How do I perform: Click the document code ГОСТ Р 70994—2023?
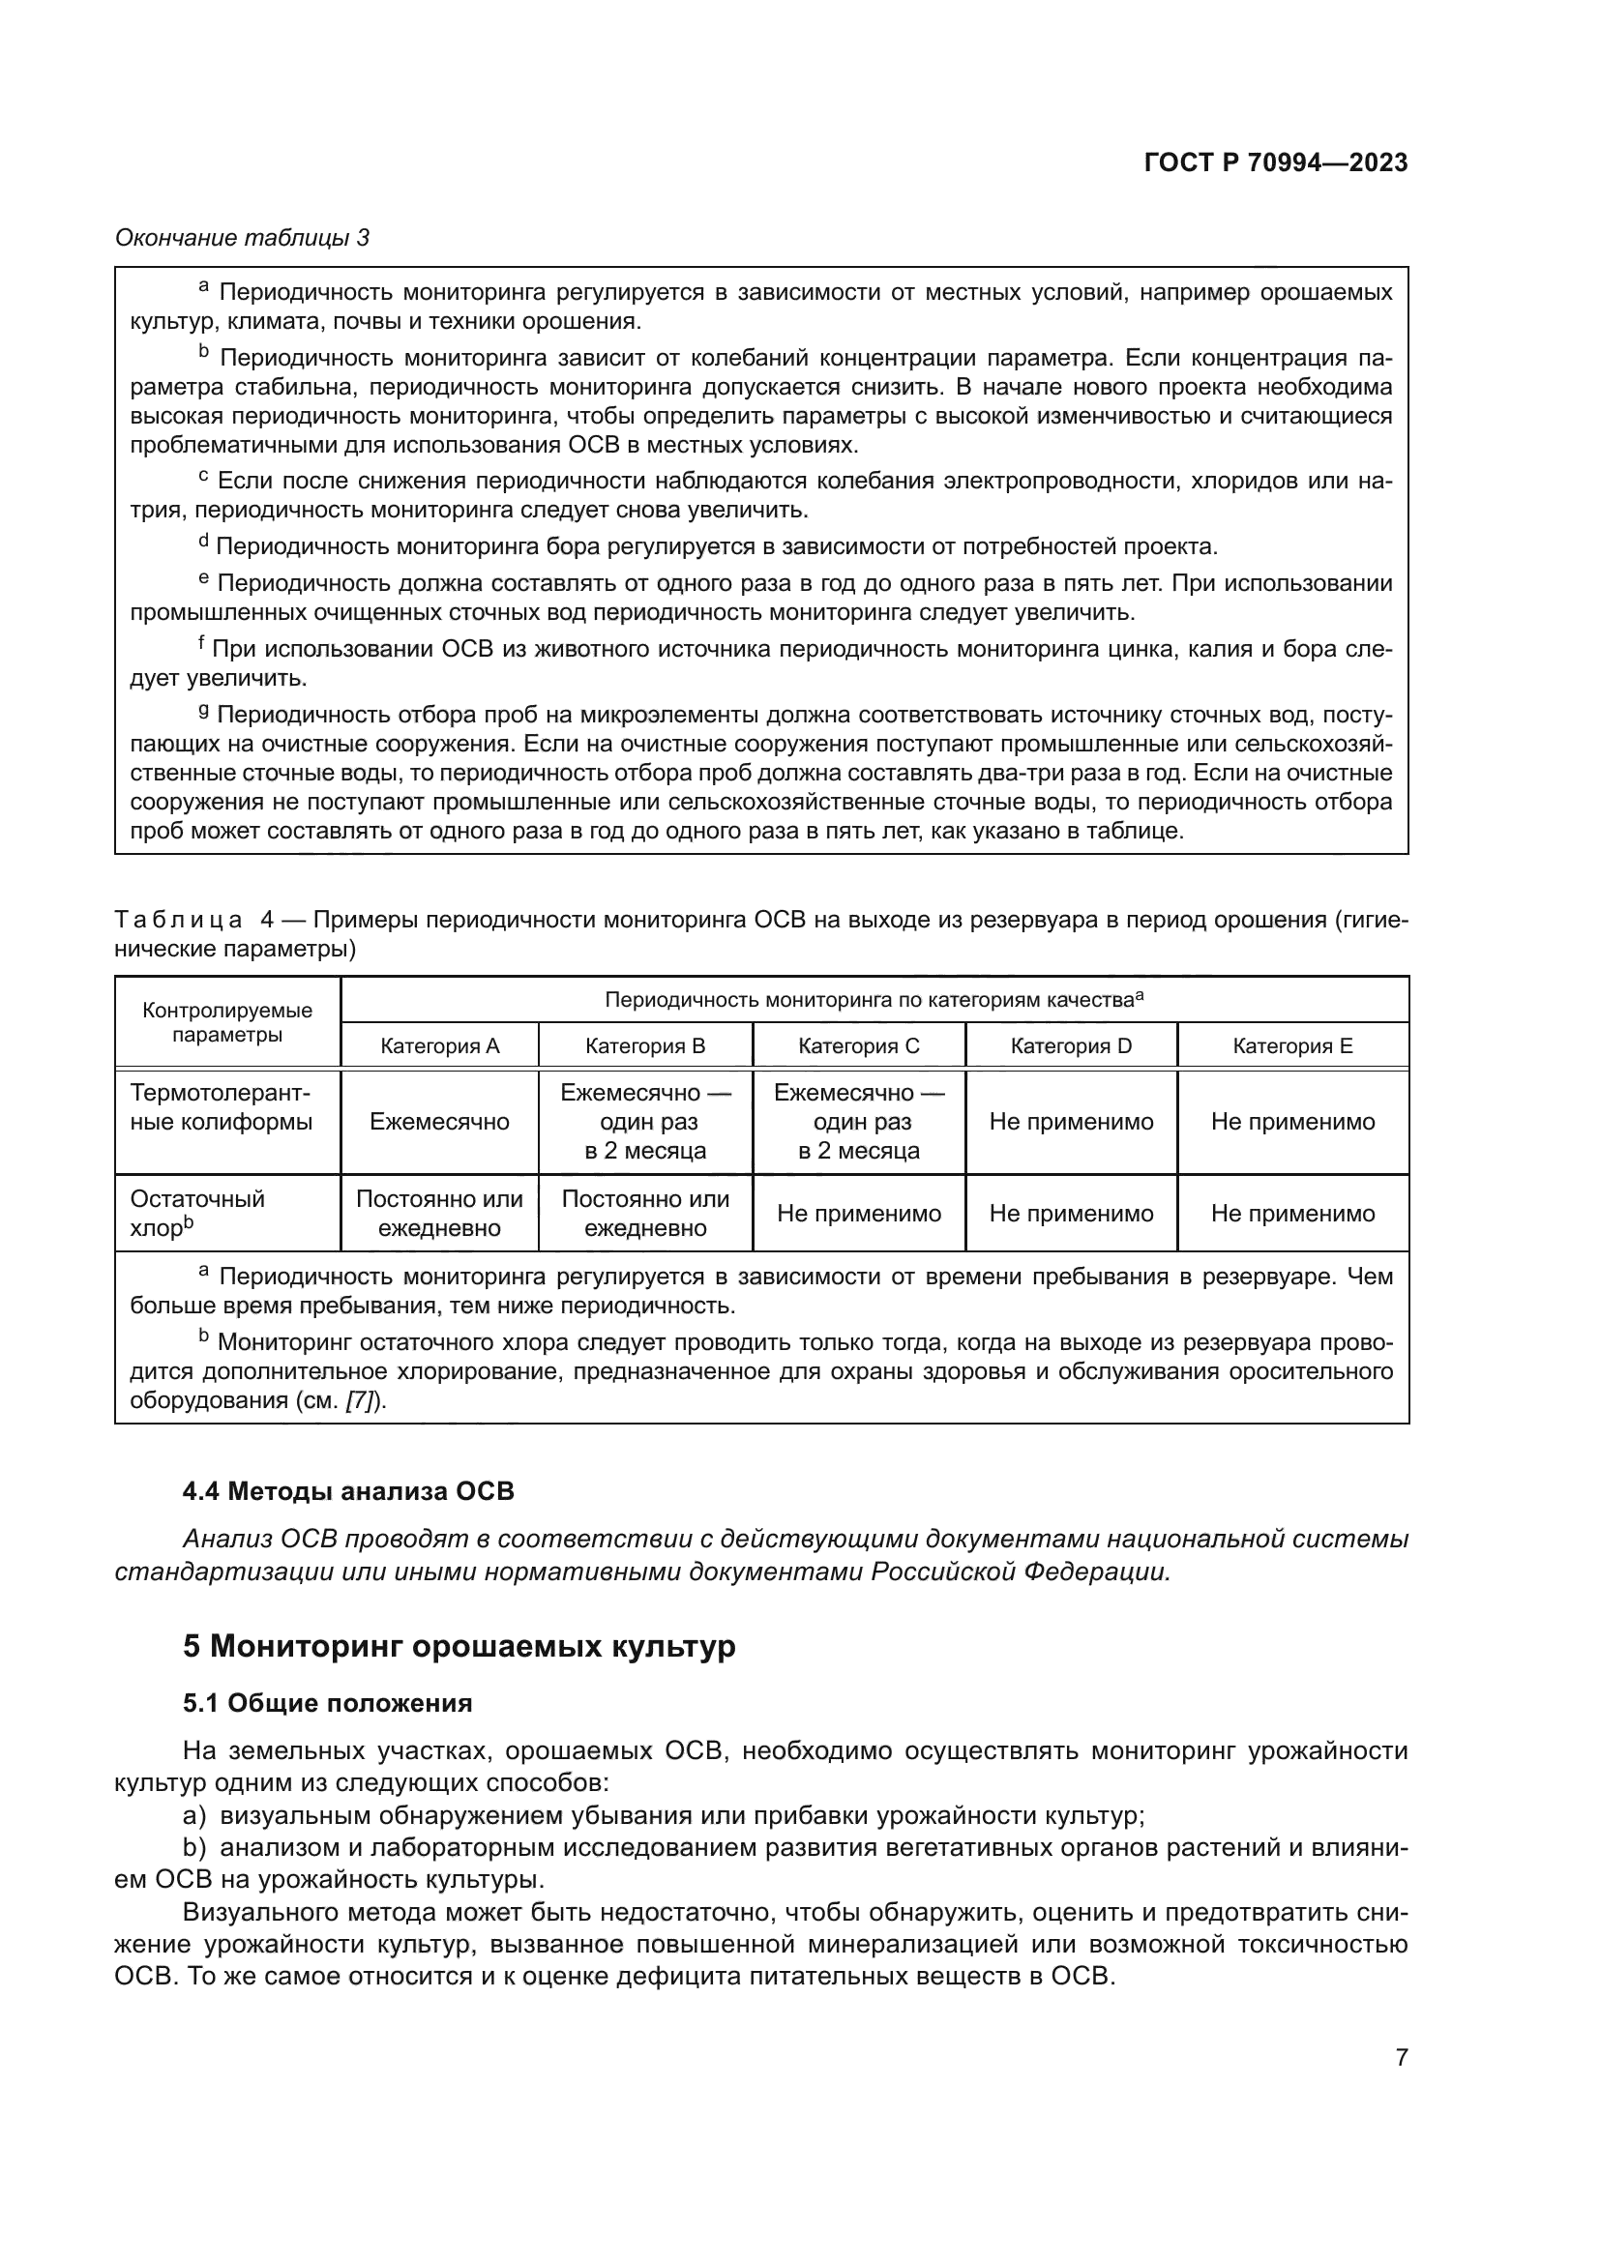[1275, 163]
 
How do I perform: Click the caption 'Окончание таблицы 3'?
[243, 238]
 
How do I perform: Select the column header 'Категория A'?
[439, 1046]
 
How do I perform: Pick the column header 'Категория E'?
[1291, 1046]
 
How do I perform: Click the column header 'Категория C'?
[858, 1046]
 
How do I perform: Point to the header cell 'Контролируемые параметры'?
[227, 1022]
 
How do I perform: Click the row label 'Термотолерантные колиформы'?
[222, 1107]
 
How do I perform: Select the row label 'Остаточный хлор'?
[197, 1213]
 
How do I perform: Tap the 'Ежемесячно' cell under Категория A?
[439, 1122]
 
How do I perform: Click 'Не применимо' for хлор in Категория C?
[858, 1214]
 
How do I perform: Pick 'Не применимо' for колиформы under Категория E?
[1291, 1122]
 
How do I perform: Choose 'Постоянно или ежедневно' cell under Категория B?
[645, 1214]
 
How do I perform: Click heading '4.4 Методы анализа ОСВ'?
[349, 1491]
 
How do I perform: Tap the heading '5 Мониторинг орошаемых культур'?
[459, 1646]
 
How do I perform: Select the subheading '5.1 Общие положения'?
[327, 1703]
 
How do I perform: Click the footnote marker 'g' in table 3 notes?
[203, 711]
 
